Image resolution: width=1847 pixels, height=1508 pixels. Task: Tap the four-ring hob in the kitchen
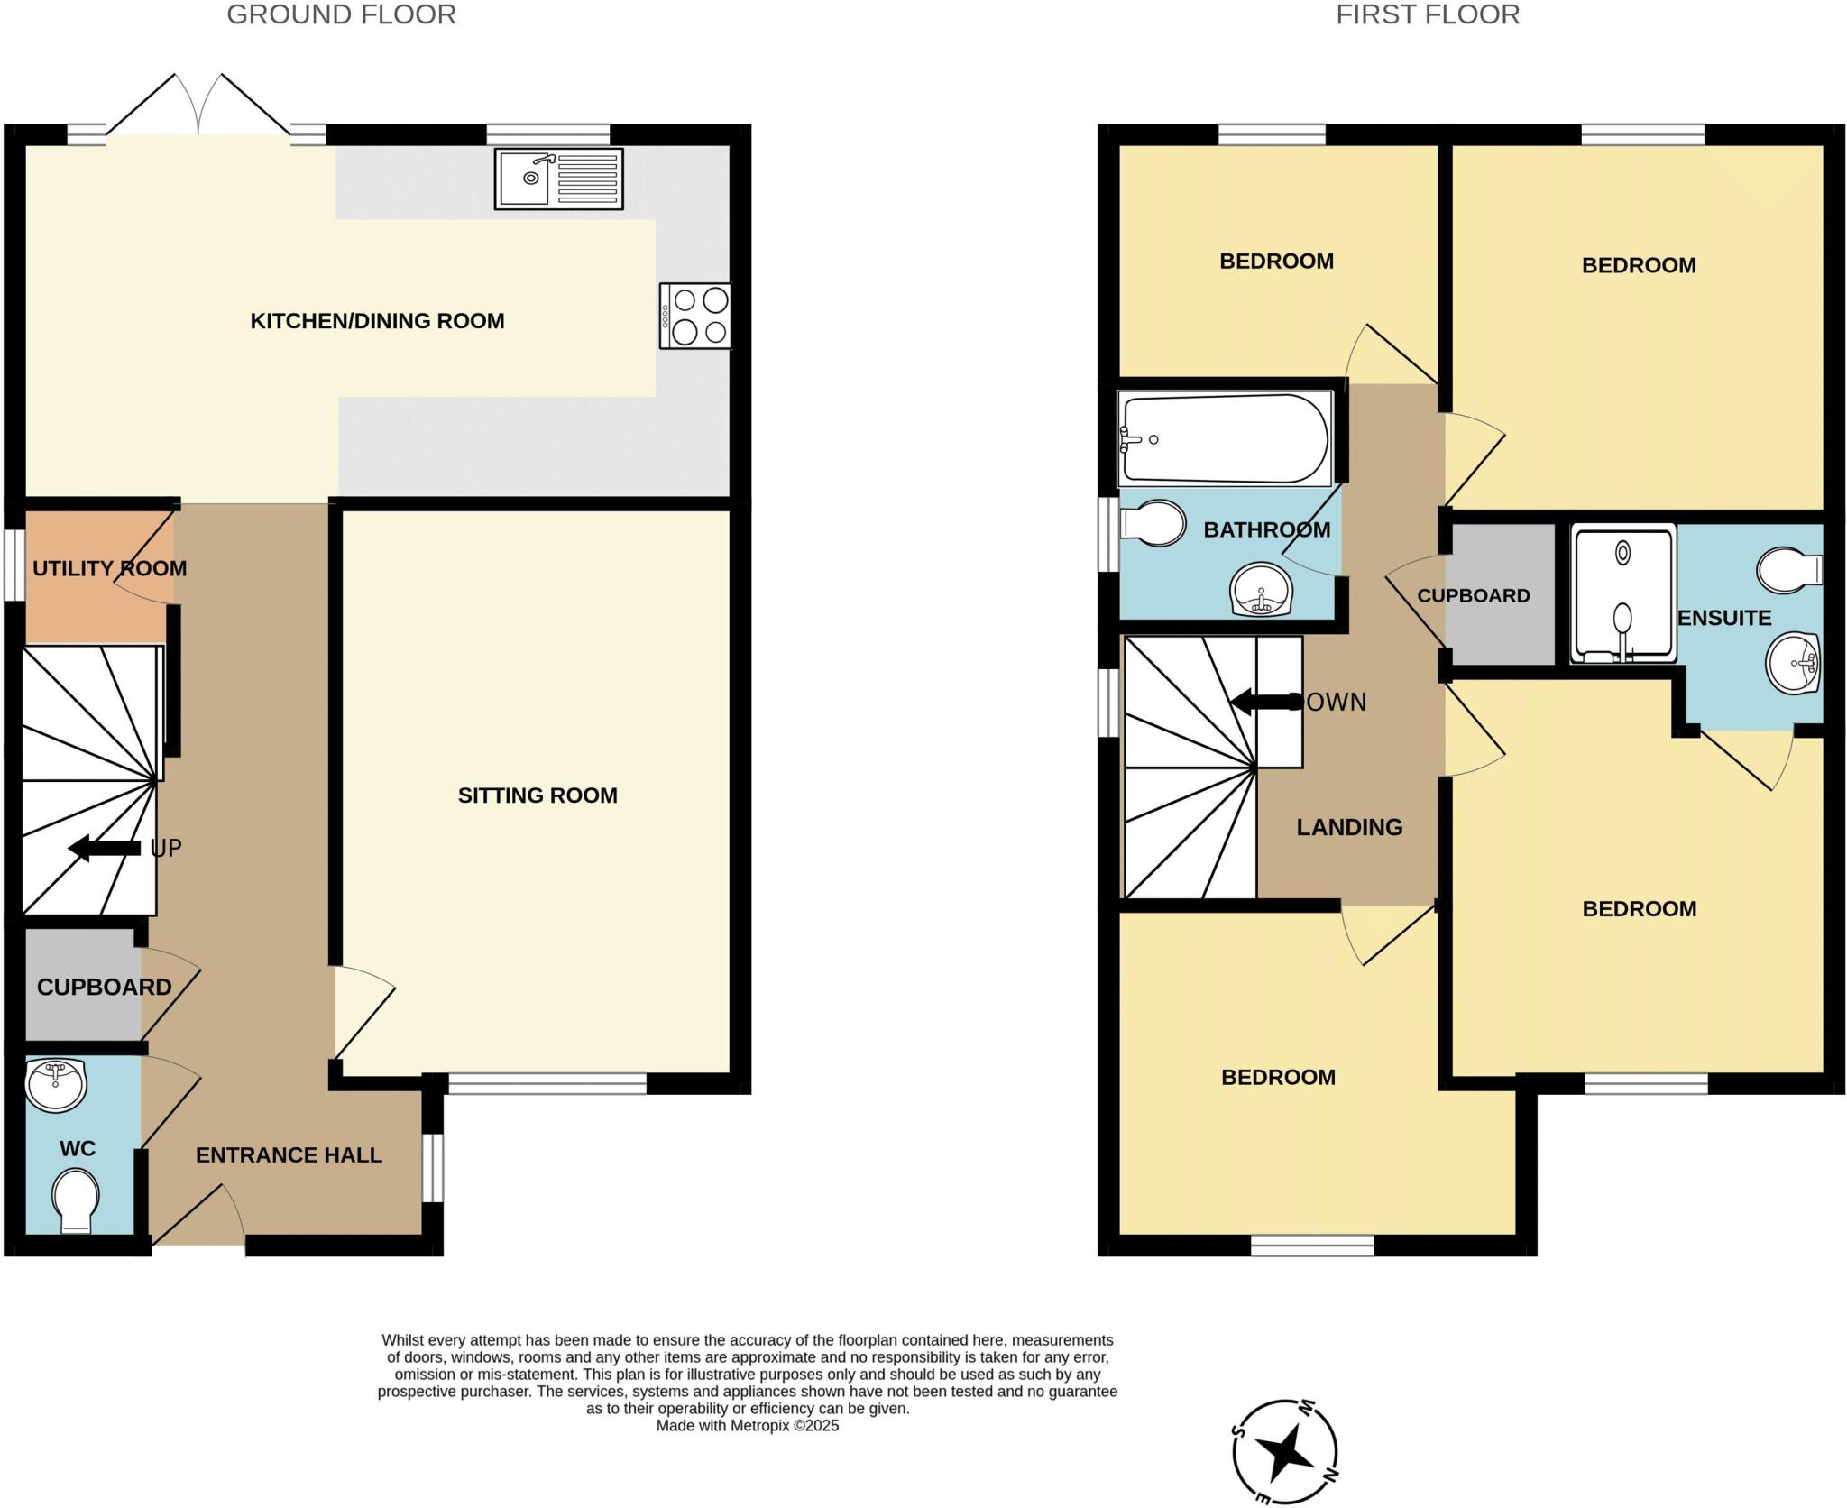pyautogui.click(x=695, y=316)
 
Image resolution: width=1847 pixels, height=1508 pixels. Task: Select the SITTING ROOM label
pyautogui.click(x=538, y=795)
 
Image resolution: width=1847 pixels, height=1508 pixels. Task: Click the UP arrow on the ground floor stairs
pyautogui.click(x=105, y=848)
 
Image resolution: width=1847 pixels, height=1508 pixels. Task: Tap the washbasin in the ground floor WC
pyautogui.click(x=56, y=1085)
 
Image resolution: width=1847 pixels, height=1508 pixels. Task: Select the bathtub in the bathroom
pyautogui.click(x=1225, y=439)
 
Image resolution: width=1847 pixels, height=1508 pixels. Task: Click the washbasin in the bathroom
pyautogui.click(x=1261, y=591)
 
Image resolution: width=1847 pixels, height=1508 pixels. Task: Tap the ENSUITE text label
pyautogui.click(x=1724, y=618)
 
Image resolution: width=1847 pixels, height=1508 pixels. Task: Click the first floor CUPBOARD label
pyautogui.click(x=1474, y=596)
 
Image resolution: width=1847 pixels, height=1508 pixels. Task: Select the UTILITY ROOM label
pyautogui.click(x=109, y=568)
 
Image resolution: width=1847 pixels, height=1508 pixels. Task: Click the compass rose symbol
pyautogui.click(x=1285, y=1452)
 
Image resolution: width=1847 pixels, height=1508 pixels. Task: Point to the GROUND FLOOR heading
pyautogui.click(x=341, y=14)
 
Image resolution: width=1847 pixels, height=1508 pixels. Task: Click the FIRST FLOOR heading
pyautogui.click(x=1428, y=14)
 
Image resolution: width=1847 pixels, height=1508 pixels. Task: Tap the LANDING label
pyautogui.click(x=1349, y=827)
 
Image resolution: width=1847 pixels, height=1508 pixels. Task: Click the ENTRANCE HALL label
pyautogui.click(x=289, y=1155)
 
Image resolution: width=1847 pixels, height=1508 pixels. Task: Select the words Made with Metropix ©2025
pyautogui.click(x=747, y=1426)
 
